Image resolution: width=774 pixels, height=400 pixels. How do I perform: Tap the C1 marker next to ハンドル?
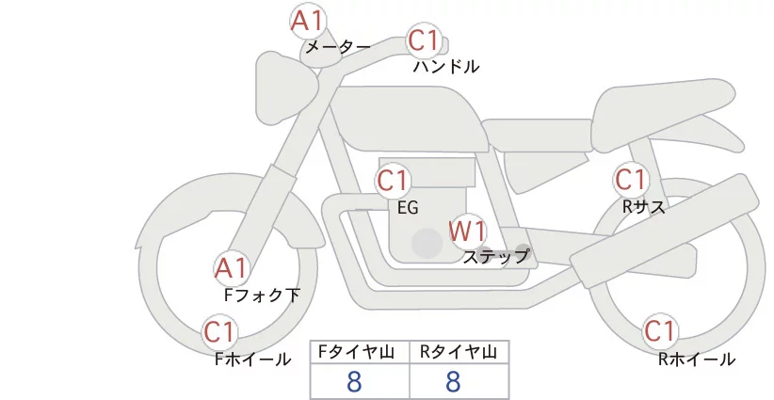pos(424,41)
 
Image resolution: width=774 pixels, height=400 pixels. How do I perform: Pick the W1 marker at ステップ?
pos(466,231)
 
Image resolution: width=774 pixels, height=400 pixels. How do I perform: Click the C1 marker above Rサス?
pos(630,179)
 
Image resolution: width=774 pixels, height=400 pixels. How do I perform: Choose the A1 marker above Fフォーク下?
pos(231,269)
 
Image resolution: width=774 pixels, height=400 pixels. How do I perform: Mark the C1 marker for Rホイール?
pos(659,332)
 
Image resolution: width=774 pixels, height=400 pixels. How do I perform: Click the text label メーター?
pos(337,46)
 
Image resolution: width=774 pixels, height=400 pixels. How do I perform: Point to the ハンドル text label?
pos(446,67)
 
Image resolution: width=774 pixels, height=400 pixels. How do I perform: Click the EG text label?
pos(409,207)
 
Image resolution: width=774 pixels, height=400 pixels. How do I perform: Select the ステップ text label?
pos(495,255)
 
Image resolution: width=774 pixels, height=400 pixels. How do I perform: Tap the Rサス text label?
pos(644,206)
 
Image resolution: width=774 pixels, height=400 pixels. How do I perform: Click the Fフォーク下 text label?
pos(262,296)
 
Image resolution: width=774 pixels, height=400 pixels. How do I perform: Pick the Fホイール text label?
pos(253,359)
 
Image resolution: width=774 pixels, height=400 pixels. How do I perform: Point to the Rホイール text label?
pos(697,359)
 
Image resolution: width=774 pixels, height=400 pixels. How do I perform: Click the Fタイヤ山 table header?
pos(360,352)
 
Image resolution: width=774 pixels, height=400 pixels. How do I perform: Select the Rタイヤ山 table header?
pos(459,352)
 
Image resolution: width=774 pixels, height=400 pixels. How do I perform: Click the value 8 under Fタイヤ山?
pos(354,381)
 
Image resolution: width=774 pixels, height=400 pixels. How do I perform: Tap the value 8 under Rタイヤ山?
pos(453,381)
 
